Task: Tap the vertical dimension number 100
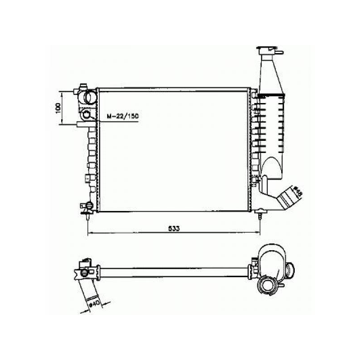coord(58,108)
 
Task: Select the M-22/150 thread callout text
coord(122,117)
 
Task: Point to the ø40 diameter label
coord(95,303)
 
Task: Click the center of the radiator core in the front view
coord(173,150)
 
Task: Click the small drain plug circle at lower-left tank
coord(89,206)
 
